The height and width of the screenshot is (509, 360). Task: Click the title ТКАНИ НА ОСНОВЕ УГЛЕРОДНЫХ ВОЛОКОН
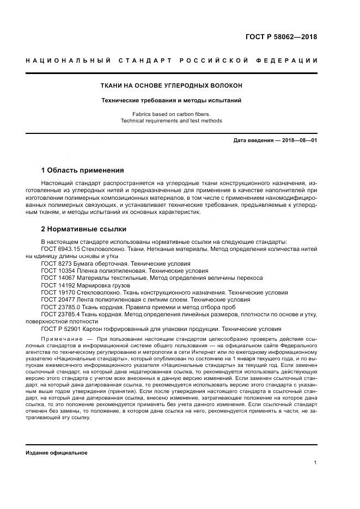pos(171,86)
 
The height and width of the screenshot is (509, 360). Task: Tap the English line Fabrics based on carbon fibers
pos(171,114)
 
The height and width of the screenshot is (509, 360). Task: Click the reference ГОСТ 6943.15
pos(60,249)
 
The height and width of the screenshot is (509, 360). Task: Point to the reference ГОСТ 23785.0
pos(62,307)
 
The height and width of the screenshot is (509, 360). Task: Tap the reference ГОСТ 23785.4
pos(62,314)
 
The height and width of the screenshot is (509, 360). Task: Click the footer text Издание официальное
pos(56,452)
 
